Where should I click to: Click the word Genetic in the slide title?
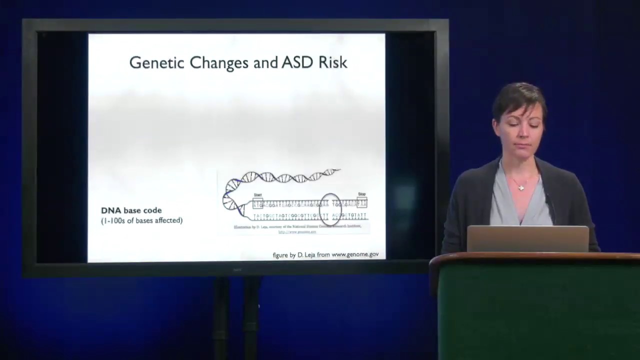pos(156,63)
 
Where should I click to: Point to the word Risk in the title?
pos(332,62)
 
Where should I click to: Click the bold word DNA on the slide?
pos(111,210)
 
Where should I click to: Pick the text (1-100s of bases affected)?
pos(141,220)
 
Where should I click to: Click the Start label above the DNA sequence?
pos(257,194)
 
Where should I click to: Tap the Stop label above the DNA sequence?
pos(361,194)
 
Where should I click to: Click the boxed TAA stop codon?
pos(362,204)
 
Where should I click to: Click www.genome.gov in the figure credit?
pos(355,254)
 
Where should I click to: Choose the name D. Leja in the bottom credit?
pos(307,255)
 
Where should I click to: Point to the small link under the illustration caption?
pos(297,232)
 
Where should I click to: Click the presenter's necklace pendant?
pos(521,188)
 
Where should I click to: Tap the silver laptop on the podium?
pos(527,239)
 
